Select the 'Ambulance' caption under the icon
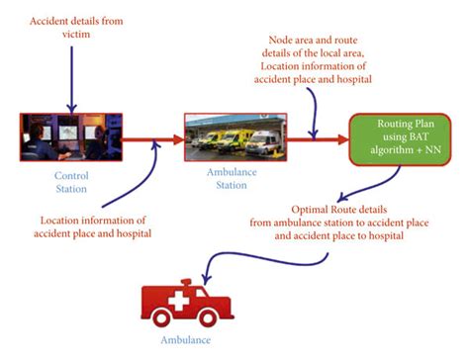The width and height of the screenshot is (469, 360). [186, 341]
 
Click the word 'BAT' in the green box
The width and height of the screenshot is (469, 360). [422, 134]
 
